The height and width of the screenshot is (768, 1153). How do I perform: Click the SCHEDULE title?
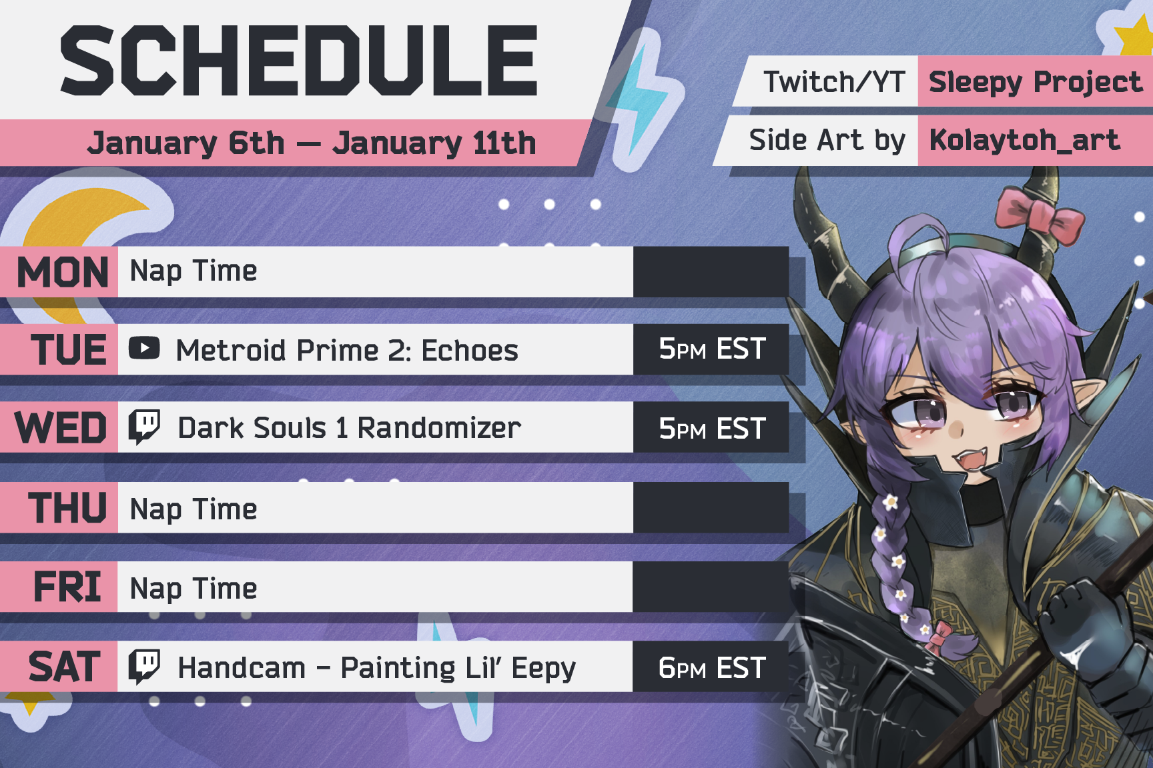click(x=299, y=61)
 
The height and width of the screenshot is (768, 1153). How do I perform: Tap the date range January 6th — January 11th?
click(x=312, y=143)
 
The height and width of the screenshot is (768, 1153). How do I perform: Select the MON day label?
click(x=63, y=272)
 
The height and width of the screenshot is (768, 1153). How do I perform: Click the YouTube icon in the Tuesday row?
click(x=144, y=348)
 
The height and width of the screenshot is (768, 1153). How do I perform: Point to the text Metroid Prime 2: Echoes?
click(x=347, y=350)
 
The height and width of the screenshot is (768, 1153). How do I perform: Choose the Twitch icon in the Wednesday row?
click(x=144, y=427)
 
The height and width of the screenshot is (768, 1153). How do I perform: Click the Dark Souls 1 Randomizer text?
click(x=349, y=428)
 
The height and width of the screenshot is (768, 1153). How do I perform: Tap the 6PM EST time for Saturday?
click(x=711, y=667)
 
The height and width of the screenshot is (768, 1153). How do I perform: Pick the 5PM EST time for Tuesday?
click(x=711, y=349)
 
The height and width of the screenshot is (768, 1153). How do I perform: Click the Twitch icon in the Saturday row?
click(x=144, y=667)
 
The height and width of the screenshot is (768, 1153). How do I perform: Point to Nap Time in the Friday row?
click(x=194, y=589)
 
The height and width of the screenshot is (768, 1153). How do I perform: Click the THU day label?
click(x=67, y=508)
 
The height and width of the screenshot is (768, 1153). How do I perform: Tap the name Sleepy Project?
click(x=1035, y=82)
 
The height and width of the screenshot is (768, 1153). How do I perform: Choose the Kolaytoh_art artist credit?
click(x=1024, y=140)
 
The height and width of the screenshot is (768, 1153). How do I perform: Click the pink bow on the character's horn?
click(x=1038, y=215)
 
